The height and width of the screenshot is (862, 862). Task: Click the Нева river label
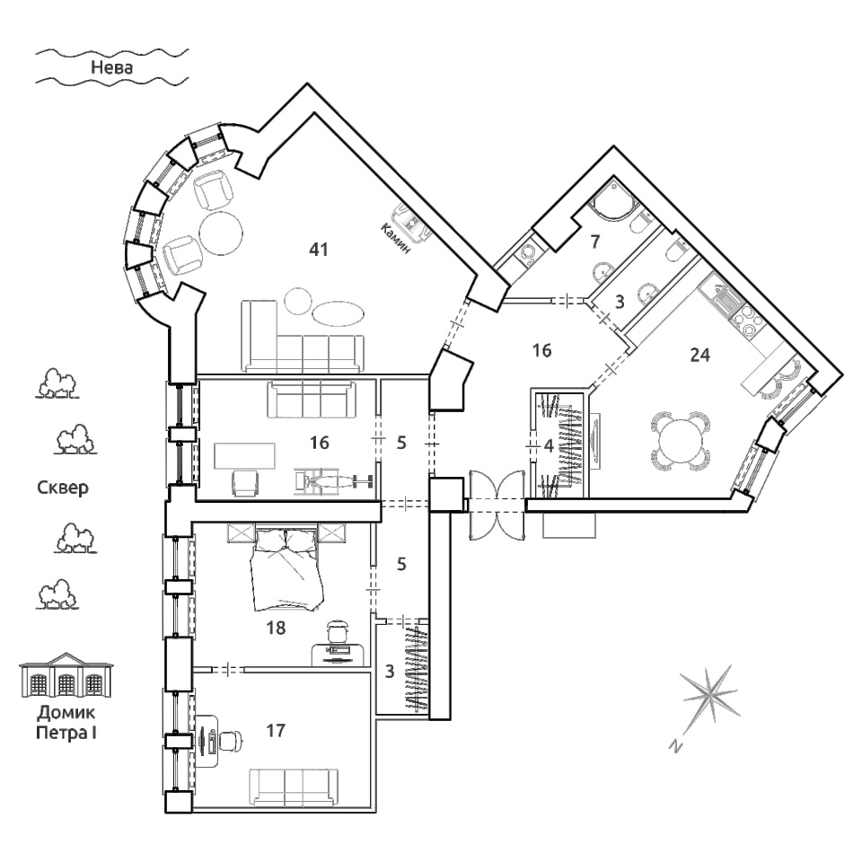pos(111,67)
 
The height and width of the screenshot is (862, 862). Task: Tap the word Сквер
pos(63,488)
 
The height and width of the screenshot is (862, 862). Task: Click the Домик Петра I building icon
pos(66,675)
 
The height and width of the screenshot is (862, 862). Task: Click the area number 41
pos(319,250)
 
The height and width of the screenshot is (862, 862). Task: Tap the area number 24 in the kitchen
pos(699,356)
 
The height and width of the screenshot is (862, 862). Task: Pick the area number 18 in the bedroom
pos(276,628)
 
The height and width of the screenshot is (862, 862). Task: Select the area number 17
pos(276,730)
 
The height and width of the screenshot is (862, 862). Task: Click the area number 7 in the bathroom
pos(594,241)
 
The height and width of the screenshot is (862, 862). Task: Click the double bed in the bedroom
pos(287,569)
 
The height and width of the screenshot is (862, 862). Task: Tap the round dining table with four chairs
pos(680,441)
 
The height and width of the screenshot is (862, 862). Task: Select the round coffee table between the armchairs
pos(221,233)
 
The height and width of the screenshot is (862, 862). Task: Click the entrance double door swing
pos(497,504)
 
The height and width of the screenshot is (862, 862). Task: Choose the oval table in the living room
pos(338,313)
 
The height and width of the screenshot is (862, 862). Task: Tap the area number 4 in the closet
pos(548,446)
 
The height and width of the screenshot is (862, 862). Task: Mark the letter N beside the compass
pos(676,746)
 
